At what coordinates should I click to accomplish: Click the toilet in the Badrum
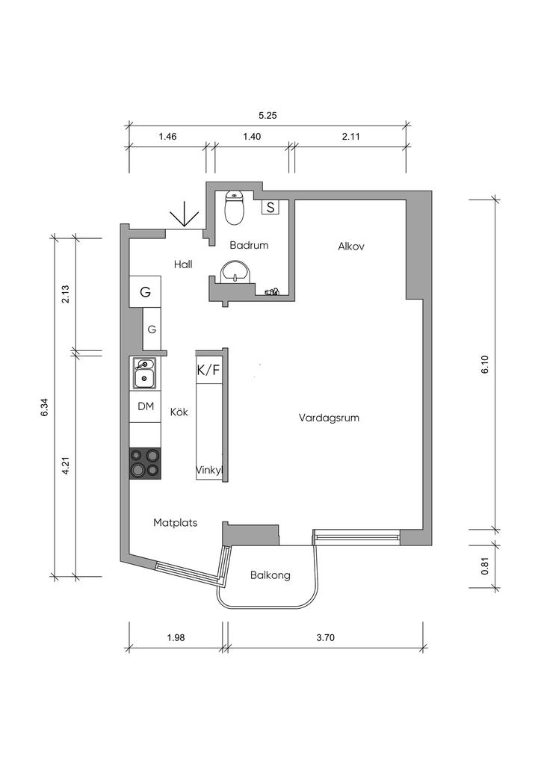click(x=235, y=208)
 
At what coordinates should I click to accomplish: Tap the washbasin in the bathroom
click(x=237, y=271)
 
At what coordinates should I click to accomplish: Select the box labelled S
click(x=270, y=207)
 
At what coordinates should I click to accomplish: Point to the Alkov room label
click(x=350, y=246)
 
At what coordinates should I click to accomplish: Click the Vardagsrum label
click(x=329, y=418)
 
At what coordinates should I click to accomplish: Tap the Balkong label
click(x=270, y=575)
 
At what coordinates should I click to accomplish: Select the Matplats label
click(x=176, y=523)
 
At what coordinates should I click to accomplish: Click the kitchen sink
click(x=144, y=373)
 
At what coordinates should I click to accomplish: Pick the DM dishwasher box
click(x=146, y=406)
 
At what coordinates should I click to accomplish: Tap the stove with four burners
click(x=145, y=463)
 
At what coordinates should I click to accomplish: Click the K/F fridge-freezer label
click(x=208, y=370)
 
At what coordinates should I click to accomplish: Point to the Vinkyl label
click(x=210, y=471)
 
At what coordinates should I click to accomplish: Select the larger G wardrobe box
click(x=146, y=292)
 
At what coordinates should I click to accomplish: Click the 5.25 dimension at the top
click(x=268, y=116)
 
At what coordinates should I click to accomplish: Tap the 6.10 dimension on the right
click(x=485, y=364)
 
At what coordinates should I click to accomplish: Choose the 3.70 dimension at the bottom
click(x=326, y=637)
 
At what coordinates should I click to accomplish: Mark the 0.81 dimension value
click(x=485, y=566)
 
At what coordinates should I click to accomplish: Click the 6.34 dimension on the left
click(x=45, y=407)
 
